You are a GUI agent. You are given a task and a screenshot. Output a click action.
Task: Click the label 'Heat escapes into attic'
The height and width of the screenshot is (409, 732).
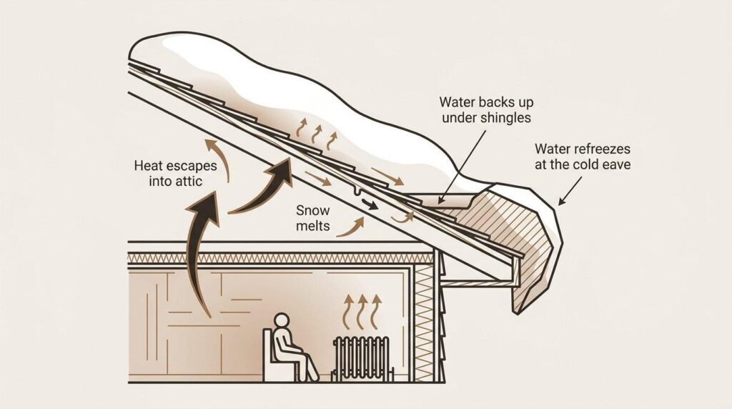coord(176,173)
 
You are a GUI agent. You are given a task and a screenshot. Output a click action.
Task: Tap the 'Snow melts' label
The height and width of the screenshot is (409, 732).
coord(313,218)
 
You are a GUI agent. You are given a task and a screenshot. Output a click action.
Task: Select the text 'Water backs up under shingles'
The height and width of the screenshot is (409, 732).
coord(486,109)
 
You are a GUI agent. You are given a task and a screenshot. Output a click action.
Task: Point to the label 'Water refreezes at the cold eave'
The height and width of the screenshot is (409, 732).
coord(583,157)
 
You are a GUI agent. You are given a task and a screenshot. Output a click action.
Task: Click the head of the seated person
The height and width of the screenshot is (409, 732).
coord(281,321)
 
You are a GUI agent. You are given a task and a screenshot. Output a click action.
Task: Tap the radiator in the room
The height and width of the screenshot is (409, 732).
coord(361,358)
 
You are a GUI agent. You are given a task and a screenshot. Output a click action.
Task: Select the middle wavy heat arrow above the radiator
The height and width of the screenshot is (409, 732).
coord(362,312)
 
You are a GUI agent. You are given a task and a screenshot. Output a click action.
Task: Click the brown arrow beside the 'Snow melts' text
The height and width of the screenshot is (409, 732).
coord(351,227)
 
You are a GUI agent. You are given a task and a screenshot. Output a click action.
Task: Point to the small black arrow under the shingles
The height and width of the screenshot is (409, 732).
coord(370,204)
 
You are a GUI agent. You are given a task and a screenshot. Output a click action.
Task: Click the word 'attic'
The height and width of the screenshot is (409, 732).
coord(189,181)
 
